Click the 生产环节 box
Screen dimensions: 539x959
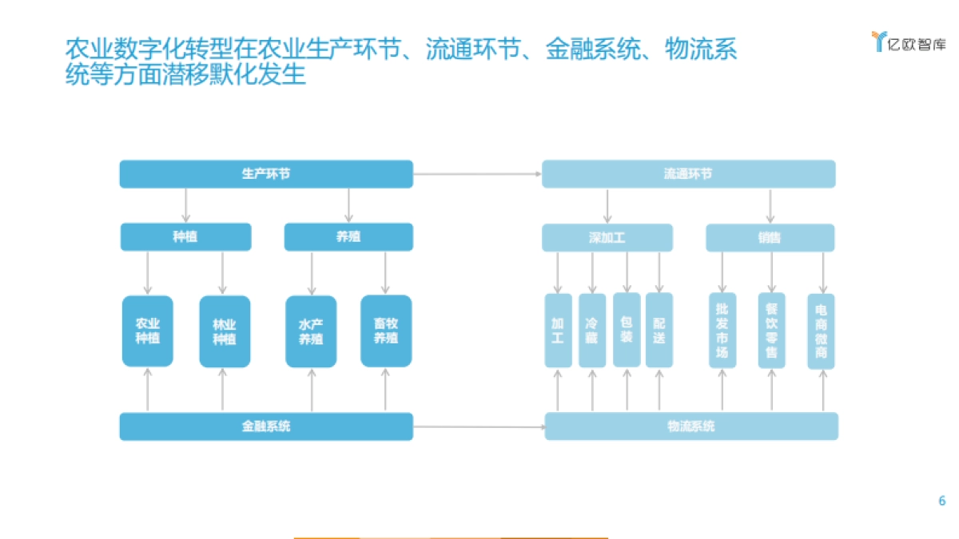[266, 174]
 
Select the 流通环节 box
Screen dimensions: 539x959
[688, 174]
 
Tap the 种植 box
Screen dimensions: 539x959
[185, 237]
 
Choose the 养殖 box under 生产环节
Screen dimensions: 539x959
[348, 237]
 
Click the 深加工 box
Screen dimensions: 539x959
[607, 238]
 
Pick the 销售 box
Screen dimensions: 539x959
[770, 238]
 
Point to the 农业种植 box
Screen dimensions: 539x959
[148, 331]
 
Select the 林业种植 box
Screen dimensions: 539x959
[225, 331]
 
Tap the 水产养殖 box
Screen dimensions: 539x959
[311, 331]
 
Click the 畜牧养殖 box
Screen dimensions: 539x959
[386, 331]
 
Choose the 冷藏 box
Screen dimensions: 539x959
[592, 331]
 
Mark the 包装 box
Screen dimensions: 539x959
[627, 331]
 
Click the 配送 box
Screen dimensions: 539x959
[659, 331]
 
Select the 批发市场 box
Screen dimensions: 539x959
[722, 331]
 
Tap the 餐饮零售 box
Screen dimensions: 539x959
[771, 331]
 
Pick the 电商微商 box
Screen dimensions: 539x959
[821, 331]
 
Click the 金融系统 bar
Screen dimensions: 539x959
[266, 426]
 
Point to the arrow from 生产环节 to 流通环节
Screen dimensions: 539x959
[477, 173]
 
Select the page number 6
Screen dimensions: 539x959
[941, 501]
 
